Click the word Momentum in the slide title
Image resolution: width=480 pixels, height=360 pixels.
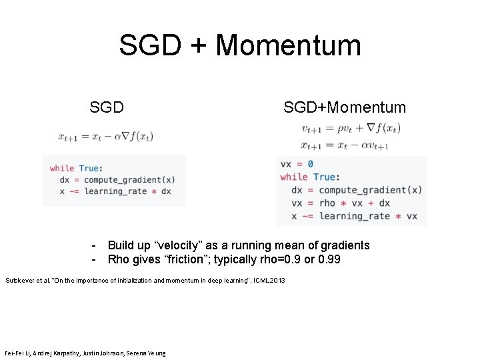pos(288,45)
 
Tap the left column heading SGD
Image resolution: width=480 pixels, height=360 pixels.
pos(107,107)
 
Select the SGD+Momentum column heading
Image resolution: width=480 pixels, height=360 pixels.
pos(344,107)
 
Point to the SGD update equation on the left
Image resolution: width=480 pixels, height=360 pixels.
pos(105,136)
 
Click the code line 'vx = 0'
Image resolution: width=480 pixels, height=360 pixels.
pos(297,164)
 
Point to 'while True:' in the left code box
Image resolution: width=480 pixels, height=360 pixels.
pos(76,168)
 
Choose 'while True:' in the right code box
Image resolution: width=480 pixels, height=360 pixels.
pos(307,177)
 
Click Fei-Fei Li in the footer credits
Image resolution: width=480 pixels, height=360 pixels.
pos(17,353)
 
